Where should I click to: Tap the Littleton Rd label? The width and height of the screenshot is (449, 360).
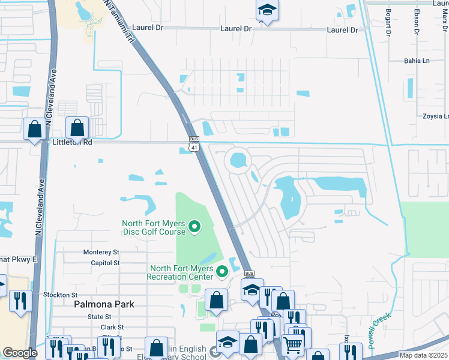pos(71,143)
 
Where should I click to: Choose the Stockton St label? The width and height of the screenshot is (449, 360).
pos(61,295)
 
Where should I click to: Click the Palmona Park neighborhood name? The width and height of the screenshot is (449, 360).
pos(104,304)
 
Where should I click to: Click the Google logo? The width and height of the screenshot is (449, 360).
pos(20,353)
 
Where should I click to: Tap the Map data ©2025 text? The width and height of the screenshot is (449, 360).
pos(423,355)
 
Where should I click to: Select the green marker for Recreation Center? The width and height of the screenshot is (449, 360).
pos(223,272)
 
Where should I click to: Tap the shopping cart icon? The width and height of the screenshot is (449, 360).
pos(292,344)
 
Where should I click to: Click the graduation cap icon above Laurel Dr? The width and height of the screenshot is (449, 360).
pos(267,10)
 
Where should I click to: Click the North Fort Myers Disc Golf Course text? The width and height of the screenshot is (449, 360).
pos(153,226)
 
